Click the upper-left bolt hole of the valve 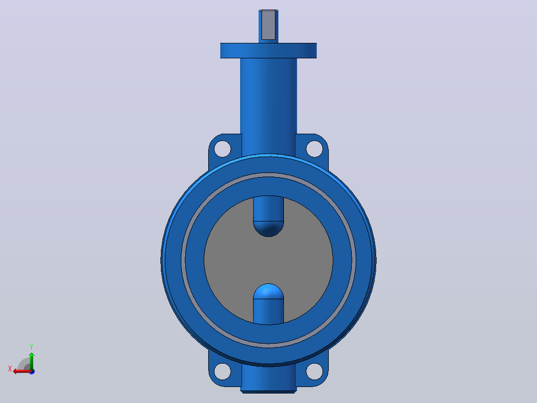222,149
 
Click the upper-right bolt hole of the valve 314,149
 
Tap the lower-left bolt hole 222,372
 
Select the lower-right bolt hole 314,372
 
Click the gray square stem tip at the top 268,25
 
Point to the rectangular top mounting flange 268,50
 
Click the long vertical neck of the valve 268,106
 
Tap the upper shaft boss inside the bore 268,216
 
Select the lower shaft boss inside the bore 268,304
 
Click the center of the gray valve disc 268,260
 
